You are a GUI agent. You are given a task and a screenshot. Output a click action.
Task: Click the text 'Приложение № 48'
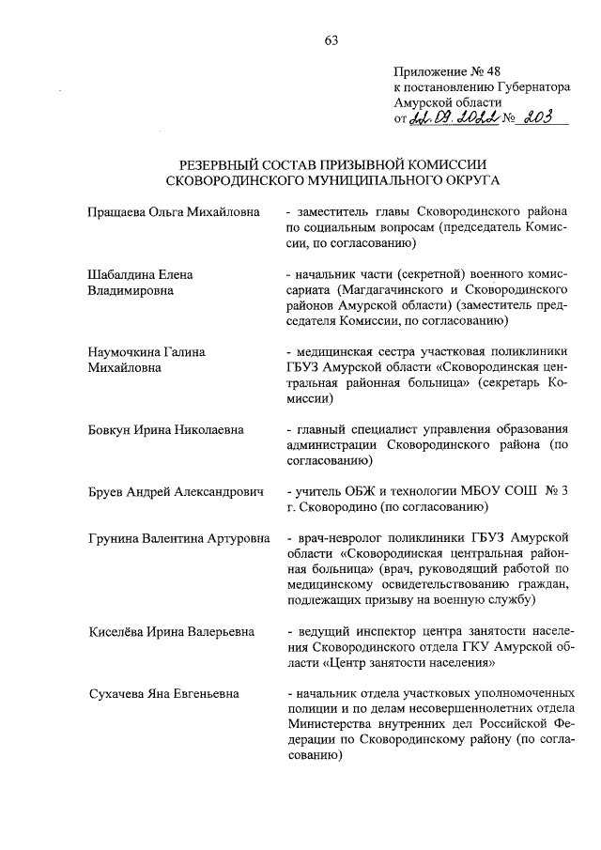coord(442,71)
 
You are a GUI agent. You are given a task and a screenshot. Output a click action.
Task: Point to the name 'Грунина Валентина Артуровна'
coord(171,539)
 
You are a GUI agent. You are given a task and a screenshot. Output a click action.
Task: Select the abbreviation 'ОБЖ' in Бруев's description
coord(366,491)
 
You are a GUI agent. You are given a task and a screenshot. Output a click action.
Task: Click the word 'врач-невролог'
coord(335,539)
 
